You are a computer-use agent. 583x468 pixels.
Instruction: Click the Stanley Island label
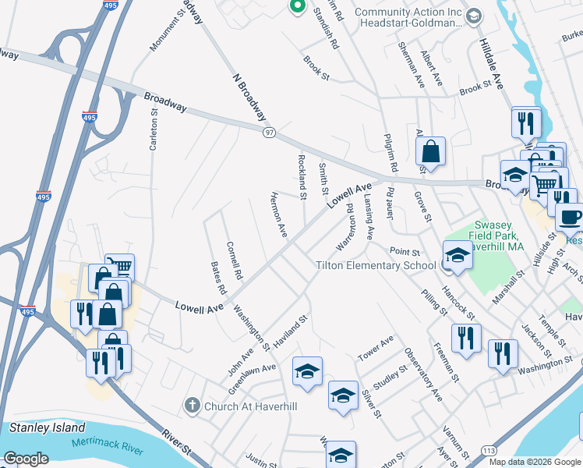pos(47,427)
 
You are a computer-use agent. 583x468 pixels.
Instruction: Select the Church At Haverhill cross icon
pos(193,406)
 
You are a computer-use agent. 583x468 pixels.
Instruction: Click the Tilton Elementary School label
pos(376,265)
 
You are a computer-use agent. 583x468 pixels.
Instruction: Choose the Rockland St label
pos(302,175)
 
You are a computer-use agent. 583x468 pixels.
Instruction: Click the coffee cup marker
pos(570,215)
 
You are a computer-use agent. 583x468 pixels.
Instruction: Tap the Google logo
pos(26,459)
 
